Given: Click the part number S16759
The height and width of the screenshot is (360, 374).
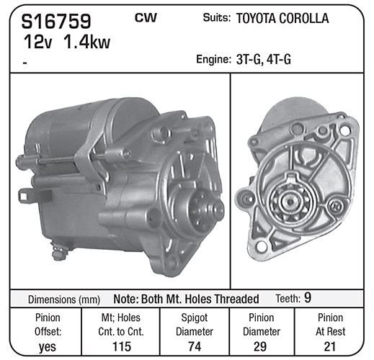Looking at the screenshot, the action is [56, 21].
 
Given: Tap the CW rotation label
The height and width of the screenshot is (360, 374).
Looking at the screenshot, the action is [146, 17].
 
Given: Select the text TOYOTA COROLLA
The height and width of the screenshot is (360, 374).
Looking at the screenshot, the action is [282, 18].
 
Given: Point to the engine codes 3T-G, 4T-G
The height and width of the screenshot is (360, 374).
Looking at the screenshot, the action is [264, 59].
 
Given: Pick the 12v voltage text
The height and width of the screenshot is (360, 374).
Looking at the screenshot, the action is [37, 42].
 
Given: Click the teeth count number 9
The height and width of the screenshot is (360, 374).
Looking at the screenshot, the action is [308, 297].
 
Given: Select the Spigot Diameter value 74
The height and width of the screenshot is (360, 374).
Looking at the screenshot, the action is [195, 346].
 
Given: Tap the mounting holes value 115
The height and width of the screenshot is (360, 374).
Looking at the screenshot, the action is [122, 346].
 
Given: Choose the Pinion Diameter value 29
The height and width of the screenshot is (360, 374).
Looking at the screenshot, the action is [260, 346].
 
